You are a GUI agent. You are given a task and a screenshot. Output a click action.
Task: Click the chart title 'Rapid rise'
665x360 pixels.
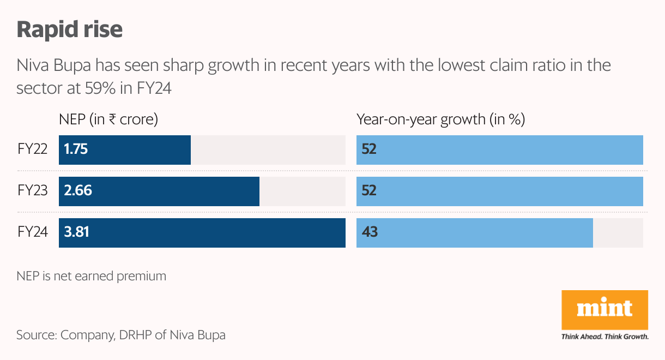[70, 29]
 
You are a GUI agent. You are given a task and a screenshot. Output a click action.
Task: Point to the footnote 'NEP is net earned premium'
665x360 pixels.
[91, 276]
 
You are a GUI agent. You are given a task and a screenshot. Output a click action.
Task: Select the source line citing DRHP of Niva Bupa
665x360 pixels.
[120, 335]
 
